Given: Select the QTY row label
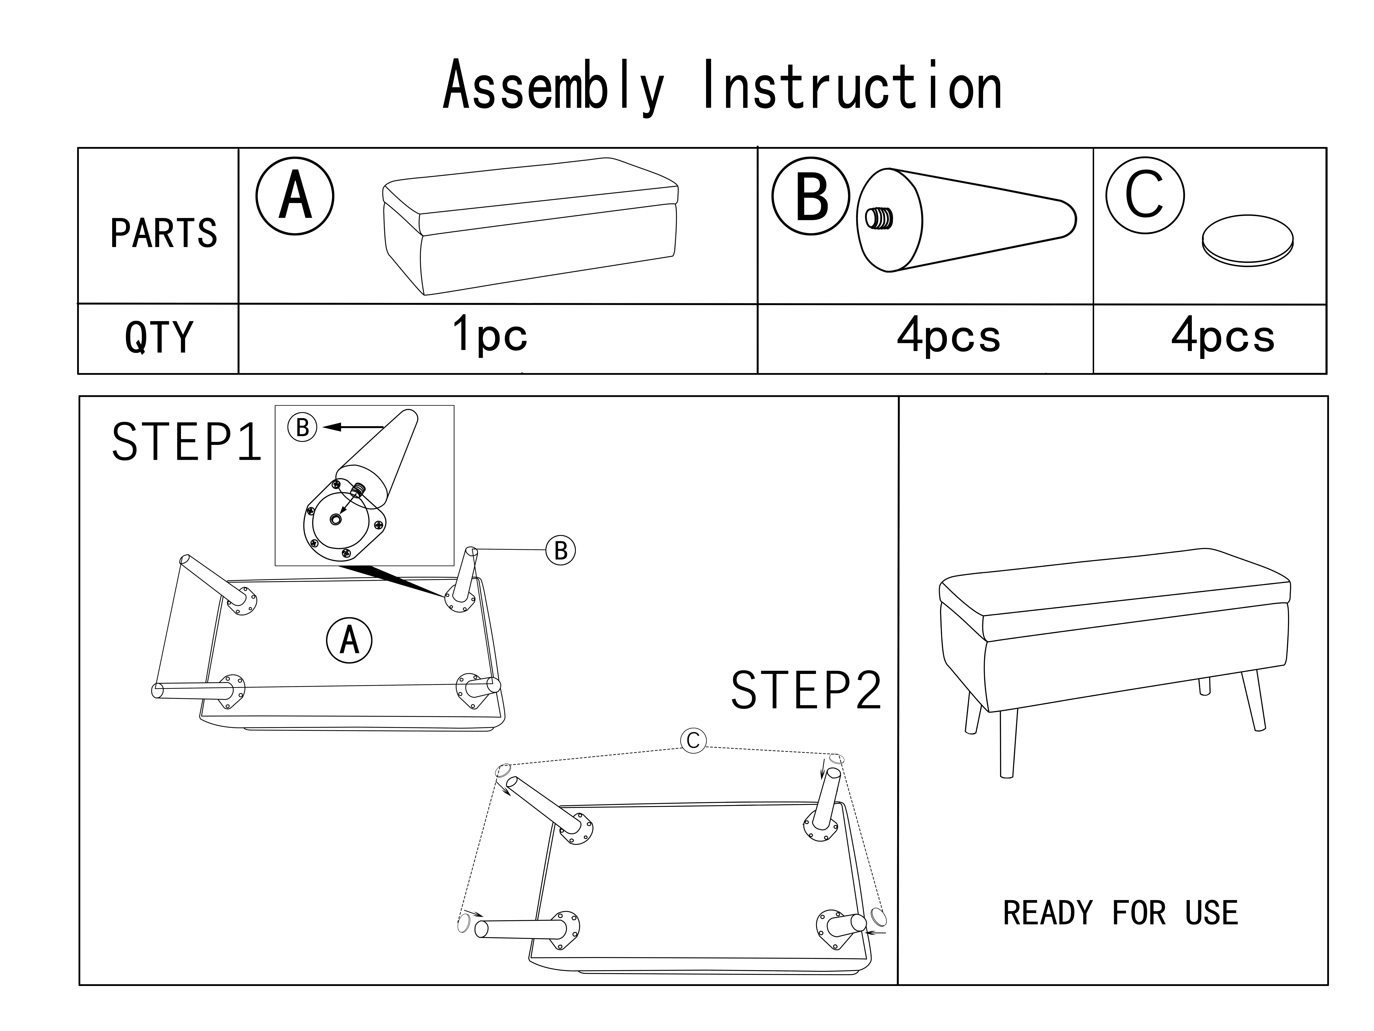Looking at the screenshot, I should point(159,337).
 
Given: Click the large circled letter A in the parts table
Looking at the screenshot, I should point(295,196).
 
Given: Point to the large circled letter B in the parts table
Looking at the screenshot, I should point(811,196).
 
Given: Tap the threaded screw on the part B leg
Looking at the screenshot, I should point(879,218).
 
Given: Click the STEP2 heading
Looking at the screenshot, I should point(806,690).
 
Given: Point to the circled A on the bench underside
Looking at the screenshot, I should point(349,640).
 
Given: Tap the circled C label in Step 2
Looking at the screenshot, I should point(693,740).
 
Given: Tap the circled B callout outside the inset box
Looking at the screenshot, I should point(560,550).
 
